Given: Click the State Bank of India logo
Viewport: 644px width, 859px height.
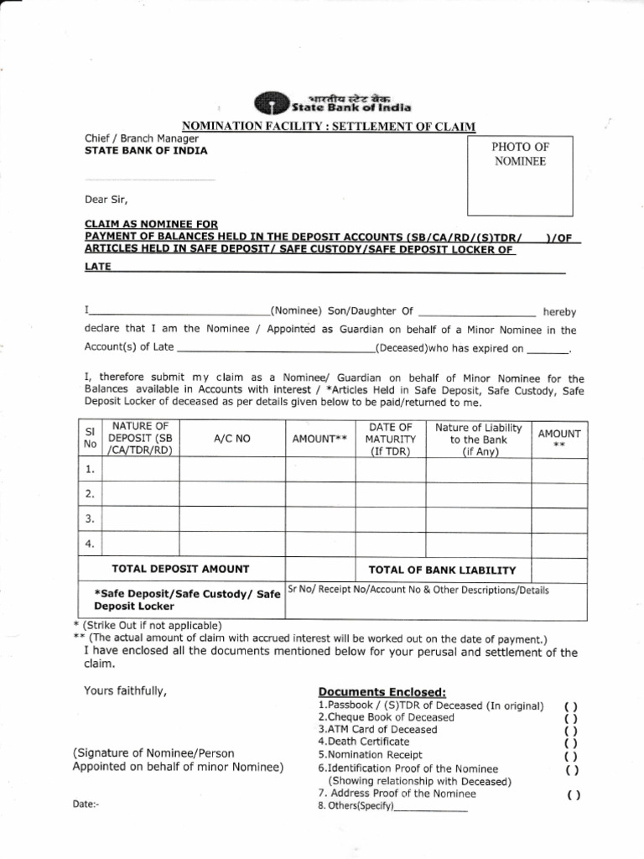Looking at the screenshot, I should click(267, 102).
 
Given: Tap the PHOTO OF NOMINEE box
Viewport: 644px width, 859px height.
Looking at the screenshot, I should click(519, 175).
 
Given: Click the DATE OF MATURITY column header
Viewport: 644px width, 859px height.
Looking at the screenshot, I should click(391, 439).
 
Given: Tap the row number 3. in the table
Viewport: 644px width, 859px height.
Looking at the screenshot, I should click(90, 518).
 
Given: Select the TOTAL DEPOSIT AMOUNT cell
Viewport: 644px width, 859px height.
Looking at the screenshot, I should click(182, 569).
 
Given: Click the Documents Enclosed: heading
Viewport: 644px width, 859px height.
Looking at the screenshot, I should click(382, 691).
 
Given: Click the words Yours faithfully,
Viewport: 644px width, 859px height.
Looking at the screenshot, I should click(125, 691).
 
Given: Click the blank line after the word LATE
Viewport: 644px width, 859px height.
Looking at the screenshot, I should click(335, 271).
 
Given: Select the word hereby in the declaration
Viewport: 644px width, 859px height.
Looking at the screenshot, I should click(559, 311).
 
